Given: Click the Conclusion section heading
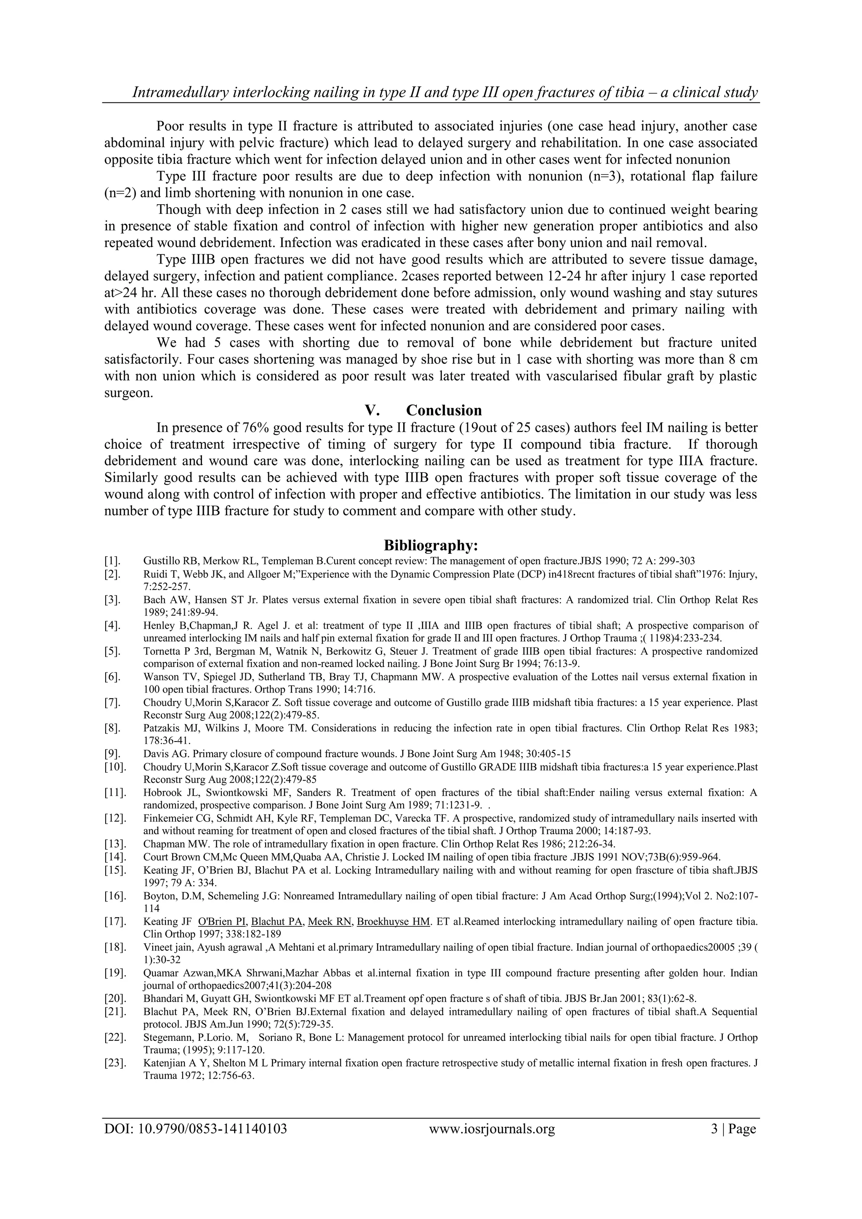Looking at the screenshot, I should click(444, 411).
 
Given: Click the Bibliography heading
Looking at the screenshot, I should click(431, 545).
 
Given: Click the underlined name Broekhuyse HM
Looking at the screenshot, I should click(393, 921).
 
